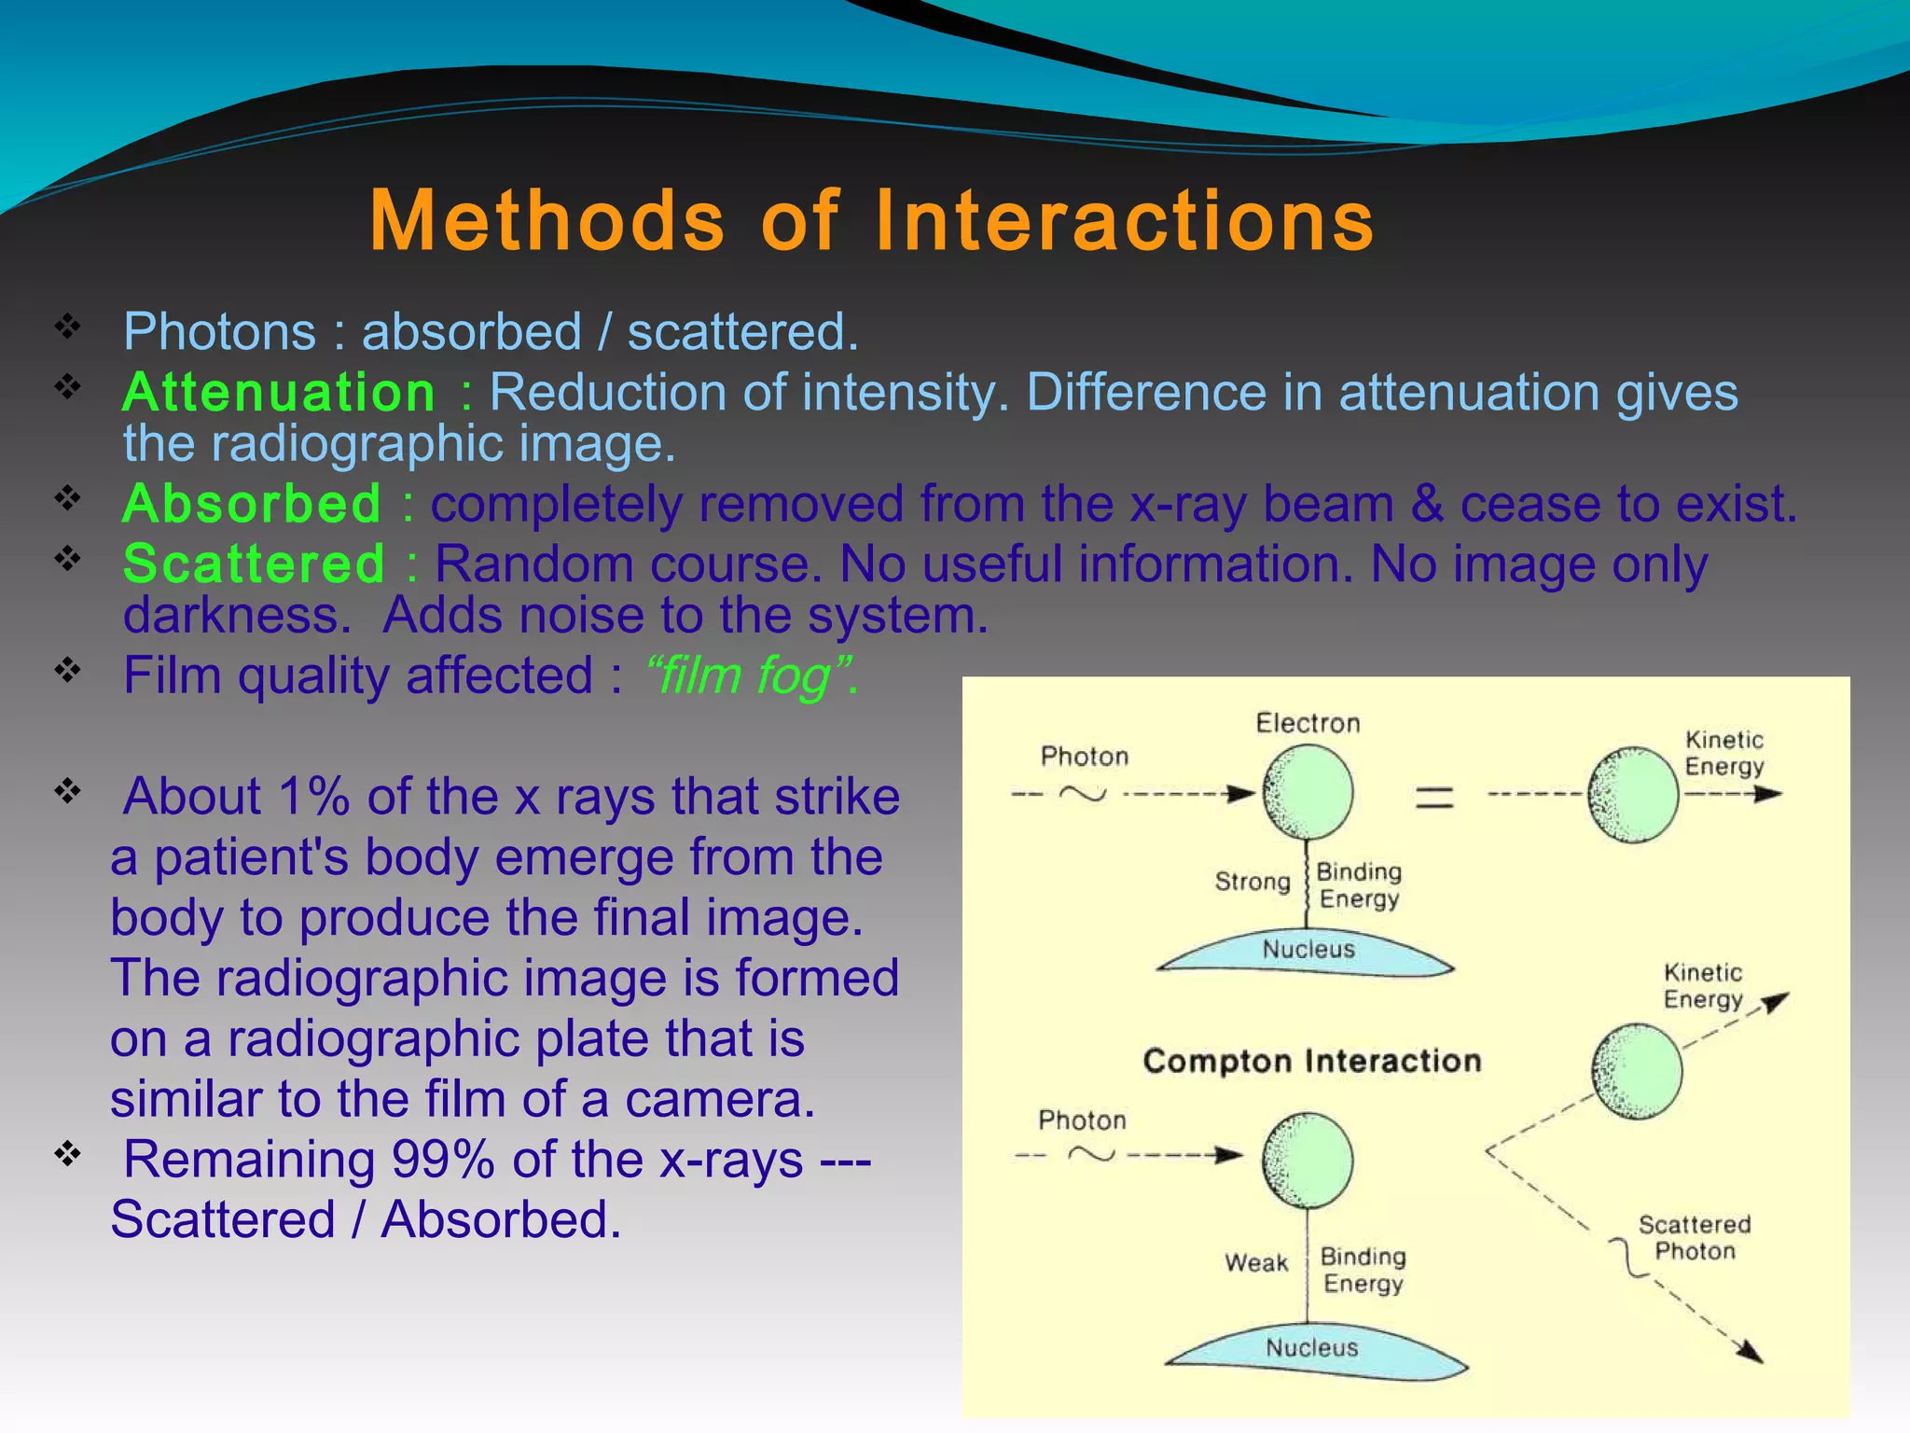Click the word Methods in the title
pyautogui.click(x=547, y=221)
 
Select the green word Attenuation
pyautogui.click(x=279, y=392)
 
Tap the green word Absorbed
pyautogui.click(x=252, y=504)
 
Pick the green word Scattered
pyautogui.click(x=254, y=564)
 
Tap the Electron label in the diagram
pyautogui.click(x=1308, y=723)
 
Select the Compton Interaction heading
pyautogui.click(x=1311, y=1061)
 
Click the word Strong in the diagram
pyautogui.click(x=1252, y=882)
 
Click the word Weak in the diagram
pyautogui.click(x=1256, y=1263)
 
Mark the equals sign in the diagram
pyautogui.click(x=1434, y=797)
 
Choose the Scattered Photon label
pyautogui.click(x=1694, y=1237)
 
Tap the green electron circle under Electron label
pyautogui.click(x=1308, y=792)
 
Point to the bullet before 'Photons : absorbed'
pyautogui.click(x=67, y=327)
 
